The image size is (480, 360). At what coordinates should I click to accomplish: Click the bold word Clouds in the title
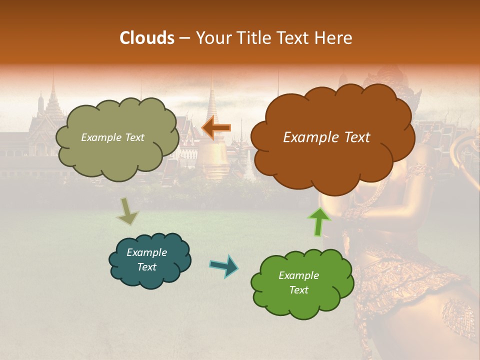[146, 38]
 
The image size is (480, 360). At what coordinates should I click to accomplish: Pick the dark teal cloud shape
[149, 260]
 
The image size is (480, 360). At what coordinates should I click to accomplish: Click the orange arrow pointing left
[216, 128]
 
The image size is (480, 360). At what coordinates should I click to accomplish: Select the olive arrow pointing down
[127, 212]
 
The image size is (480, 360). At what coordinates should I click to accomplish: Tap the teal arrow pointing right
[224, 265]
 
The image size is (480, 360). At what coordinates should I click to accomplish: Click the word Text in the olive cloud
[134, 137]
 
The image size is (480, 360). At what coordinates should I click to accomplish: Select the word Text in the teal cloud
[146, 267]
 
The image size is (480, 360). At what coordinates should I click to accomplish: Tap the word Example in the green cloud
[298, 275]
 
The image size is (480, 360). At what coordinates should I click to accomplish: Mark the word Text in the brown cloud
[356, 137]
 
